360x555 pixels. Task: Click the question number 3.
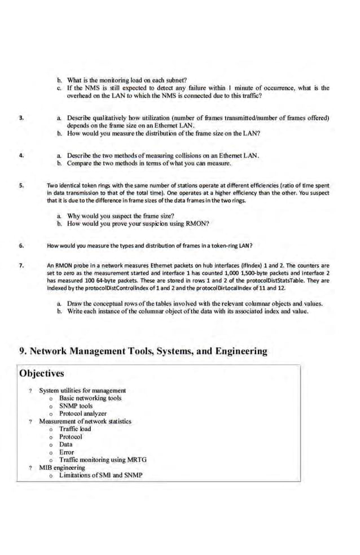pyautogui.click(x=21, y=118)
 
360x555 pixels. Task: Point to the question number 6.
pyautogui.click(x=21, y=246)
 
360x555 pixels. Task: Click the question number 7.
pyautogui.click(x=21, y=265)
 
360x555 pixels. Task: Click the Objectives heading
pyautogui.click(x=41, y=373)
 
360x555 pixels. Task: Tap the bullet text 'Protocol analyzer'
pyautogui.click(x=82, y=413)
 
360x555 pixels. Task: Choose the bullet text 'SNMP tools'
pyautogui.click(x=76, y=406)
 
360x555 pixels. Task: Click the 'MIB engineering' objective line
pyautogui.click(x=62, y=467)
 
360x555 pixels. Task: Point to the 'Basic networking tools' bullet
pyautogui.click(x=90, y=398)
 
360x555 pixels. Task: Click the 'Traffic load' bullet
pyautogui.click(x=74, y=429)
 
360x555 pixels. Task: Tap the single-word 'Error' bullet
pyautogui.click(x=66, y=452)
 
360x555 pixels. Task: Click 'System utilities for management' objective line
pyautogui.click(x=82, y=390)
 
